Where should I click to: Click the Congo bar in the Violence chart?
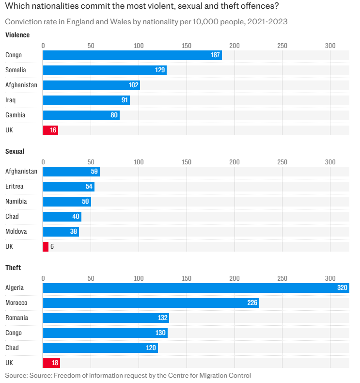[x=132, y=55]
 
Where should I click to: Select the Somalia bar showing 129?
[x=105, y=70]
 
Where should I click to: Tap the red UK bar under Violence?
[x=50, y=130]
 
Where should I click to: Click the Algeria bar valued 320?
[x=196, y=287]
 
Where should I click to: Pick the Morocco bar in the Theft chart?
[x=151, y=303]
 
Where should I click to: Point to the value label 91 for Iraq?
[x=125, y=100]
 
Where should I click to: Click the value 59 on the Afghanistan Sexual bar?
[x=94, y=171]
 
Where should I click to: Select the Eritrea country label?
[x=14, y=186]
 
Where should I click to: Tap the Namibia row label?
[x=16, y=201]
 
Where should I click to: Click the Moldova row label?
[x=16, y=231]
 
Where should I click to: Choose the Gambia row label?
[x=15, y=115]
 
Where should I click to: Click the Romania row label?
[x=16, y=318]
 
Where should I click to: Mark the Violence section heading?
[x=17, y=35]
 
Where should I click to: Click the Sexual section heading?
[x=15, y=151]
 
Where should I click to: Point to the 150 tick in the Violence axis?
[x=187, y=46]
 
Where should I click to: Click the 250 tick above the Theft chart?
[x=282, y=278]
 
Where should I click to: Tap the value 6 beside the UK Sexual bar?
[x=52, y=246]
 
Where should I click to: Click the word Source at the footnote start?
[x=16, y=375]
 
